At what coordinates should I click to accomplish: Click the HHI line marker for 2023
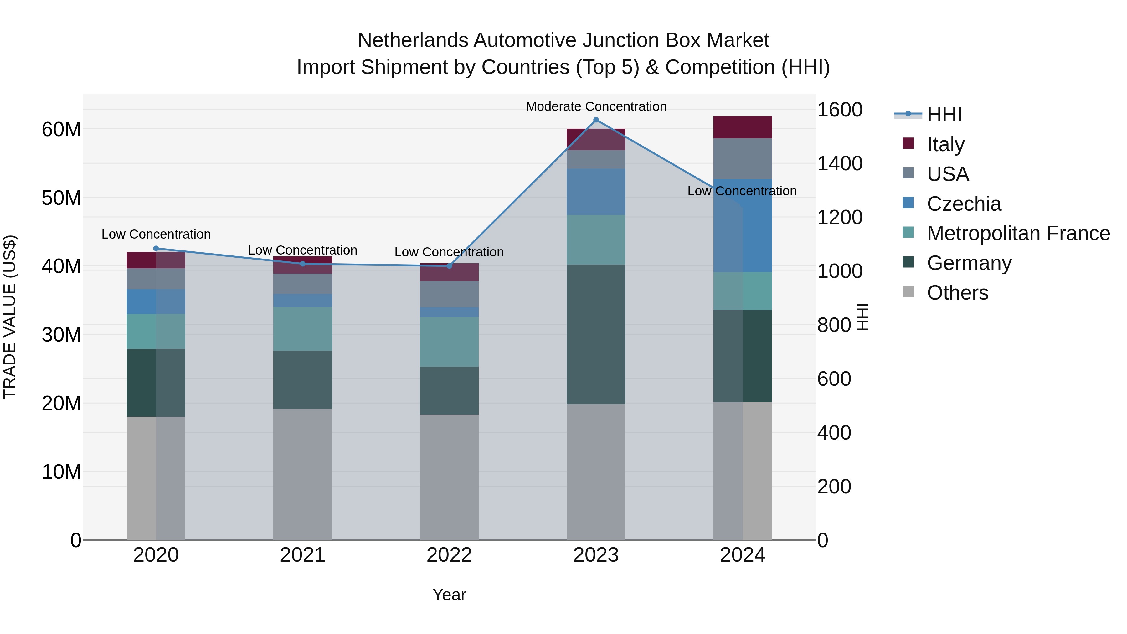(x=595, y=120)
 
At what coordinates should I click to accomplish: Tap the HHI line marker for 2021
(x=302, y=264)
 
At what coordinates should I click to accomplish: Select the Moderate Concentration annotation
(x=596, y=106)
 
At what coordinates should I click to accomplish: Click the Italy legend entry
(x=945, y=144)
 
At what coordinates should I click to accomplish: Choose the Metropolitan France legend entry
(x=1018, y=233)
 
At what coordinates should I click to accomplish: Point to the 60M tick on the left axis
(x=61, y=130)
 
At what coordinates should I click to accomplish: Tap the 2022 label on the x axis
(x=449, y=555)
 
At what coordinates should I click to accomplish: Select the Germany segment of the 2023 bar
(x=595, y=334)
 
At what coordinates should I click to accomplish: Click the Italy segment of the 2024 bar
(x=743, y=127)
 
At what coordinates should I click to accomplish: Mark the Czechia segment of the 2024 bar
(x=743, y=226)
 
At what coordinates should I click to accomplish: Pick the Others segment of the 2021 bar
(x=302, y=474)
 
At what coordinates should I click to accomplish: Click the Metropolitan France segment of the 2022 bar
(x=449, y=342)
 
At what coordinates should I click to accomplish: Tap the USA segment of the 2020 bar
(x=156, y=279)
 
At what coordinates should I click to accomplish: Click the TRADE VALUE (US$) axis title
(x=10, y=317)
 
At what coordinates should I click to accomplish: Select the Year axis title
(x=449, y=595)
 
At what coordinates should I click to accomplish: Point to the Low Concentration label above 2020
(x=156, y=235)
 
